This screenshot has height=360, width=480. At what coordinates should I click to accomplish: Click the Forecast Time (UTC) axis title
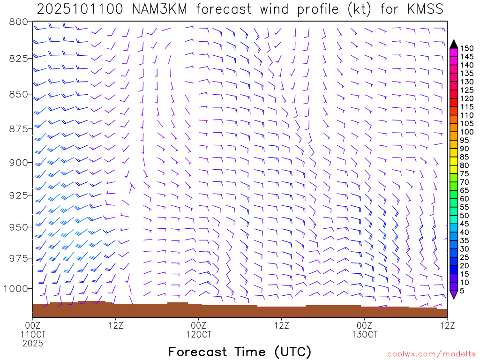click(240, 352)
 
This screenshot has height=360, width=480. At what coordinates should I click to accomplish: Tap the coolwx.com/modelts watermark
click(431, 353)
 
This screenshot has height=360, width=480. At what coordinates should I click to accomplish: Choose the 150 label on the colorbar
click(467, 48)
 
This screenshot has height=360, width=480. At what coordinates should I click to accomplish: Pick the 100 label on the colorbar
click(467, 132)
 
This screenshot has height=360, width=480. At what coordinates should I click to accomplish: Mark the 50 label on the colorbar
click(465, 215)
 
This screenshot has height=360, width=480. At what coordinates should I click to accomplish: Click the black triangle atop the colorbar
click(454, 44)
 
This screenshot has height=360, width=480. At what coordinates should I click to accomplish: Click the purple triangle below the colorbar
click(454, 294)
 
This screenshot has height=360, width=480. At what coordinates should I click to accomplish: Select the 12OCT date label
click(198, 334)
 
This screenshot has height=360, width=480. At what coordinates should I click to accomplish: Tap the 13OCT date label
click(364, 334)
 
